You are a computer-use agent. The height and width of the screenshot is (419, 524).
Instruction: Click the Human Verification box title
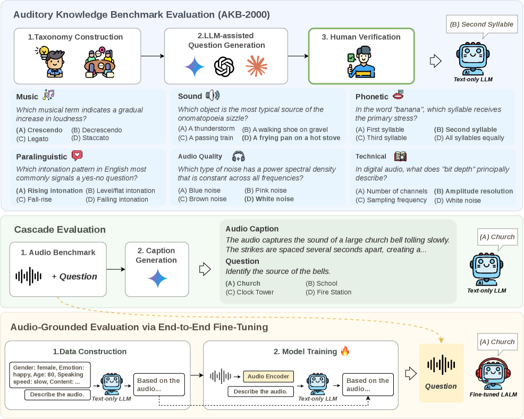click(361, 37)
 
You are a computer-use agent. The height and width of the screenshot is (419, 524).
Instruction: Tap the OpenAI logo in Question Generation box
click(224, 67)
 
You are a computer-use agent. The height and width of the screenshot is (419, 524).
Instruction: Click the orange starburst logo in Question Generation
click(256, 67)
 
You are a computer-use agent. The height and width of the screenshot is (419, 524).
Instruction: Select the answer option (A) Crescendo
click(39, 130)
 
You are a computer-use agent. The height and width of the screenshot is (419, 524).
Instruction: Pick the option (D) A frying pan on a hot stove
click(291, 138)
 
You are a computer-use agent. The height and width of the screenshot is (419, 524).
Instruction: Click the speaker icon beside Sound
click(212, 96)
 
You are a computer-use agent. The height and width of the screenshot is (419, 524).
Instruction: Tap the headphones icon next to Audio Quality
click(239, 156)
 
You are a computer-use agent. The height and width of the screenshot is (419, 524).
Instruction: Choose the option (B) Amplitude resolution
click(474, 191)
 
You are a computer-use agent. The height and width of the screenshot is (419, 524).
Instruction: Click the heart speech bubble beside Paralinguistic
click(77, 156)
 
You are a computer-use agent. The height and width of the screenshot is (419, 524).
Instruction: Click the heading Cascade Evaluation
click(60, 230)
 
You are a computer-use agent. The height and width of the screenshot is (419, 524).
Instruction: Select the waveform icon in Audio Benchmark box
click(28, 276)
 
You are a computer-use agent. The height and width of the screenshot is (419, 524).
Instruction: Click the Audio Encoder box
click(268, 377)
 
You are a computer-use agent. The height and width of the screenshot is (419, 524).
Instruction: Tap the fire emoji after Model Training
click(345, 351)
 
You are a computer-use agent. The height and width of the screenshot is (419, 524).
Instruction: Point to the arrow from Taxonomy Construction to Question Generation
click(153, 55)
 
